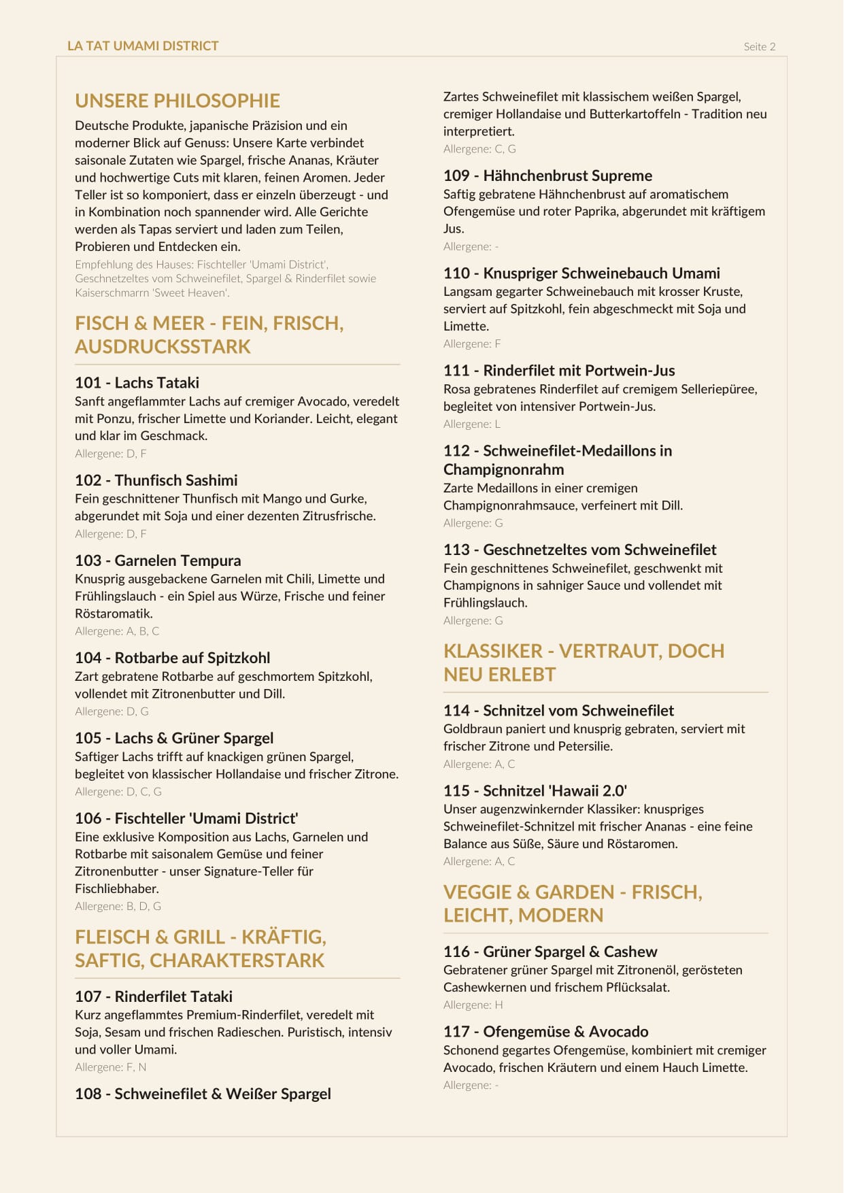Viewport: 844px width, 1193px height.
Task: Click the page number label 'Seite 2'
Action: coord(759,47)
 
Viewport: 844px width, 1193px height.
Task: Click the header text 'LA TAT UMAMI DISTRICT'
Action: coord(143,46)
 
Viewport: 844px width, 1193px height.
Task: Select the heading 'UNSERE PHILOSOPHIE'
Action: coord(178,101)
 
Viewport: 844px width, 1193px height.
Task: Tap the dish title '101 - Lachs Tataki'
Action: coord(137,383)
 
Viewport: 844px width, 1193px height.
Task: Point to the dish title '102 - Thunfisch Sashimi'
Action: coord(156,480)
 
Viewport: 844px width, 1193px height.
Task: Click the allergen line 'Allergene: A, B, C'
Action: coord(117,631)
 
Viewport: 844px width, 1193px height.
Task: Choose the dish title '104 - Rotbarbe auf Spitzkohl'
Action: coord(172,658)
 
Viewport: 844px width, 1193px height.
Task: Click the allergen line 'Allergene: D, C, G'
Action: coord(118,792)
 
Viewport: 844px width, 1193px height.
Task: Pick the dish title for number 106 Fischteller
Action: coord(186,818)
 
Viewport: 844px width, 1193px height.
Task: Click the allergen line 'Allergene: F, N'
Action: coord(110,1067)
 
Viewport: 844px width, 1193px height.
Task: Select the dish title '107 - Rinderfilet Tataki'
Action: coord(154,996)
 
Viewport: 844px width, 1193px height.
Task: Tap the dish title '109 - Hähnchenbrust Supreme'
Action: coord(547,175)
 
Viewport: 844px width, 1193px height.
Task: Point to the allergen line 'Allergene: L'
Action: coord(471,424)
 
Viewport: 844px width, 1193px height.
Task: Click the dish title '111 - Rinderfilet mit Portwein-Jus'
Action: coord(559,371)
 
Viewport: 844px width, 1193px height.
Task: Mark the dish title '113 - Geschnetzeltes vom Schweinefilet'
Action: coord(579,550)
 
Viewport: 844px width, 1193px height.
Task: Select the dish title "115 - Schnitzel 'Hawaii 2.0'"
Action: coord(535,791)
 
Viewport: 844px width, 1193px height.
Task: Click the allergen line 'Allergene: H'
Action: coord(473,1005)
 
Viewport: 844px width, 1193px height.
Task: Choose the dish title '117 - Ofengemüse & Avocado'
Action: coord(545,1032)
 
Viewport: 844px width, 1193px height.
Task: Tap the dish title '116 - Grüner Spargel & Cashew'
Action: coord(550,952)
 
